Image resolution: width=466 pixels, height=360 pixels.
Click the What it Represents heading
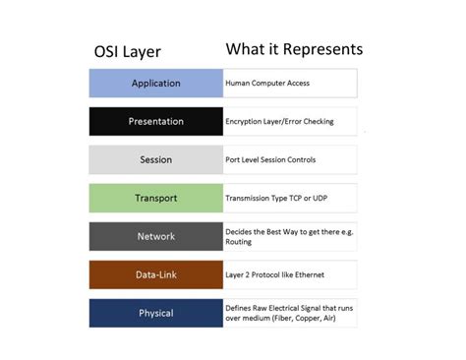pyautogui.click(x=294, y=49)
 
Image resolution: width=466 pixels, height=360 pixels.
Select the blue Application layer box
pyautogui.click(x=156, y=84)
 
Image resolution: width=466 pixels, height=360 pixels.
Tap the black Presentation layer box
pyautogui.click(x=156, y=122)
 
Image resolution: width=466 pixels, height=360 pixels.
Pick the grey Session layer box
pyautogui.click(x=156, y=160)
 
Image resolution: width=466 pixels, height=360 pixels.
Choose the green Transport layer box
pyautogui.click(x=156, y=199)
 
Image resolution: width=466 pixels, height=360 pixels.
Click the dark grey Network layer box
pyautogui.click(x=156, y=237)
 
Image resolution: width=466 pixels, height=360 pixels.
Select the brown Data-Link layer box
pyautogui.click(x=156, y=275)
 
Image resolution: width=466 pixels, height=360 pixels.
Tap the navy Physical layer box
pyautogui.click(x=156, y=314)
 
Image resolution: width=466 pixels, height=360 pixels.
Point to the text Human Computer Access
pyautogui.click(x=267, y=84)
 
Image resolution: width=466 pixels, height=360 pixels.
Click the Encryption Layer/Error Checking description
pyautogui.click(x=280, y=122)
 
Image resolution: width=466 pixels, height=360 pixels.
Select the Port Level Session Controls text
pyautogui.click(x=270, y=160)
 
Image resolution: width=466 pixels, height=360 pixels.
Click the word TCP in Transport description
pyautogui.click(x=298, y=199)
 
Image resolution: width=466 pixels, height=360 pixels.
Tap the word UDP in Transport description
pyautogui.click(x=327, y=199)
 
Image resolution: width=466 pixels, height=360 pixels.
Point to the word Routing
pyautogui.click(x=240, y=242)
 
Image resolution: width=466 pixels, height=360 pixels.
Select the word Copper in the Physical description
pyautogui.click(x=312, y=319)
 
